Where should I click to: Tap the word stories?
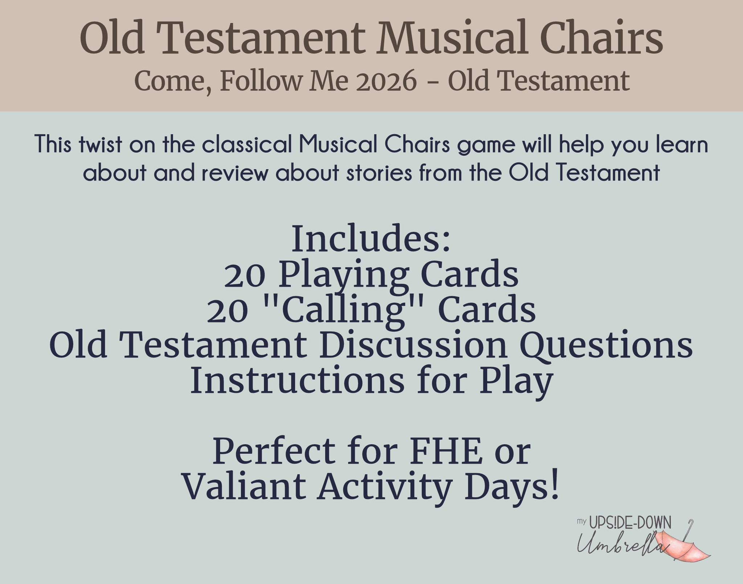pos(379,173)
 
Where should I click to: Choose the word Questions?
pos(606,347)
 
